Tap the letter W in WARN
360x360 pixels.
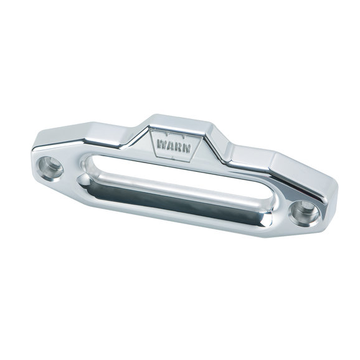pos(163,140)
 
